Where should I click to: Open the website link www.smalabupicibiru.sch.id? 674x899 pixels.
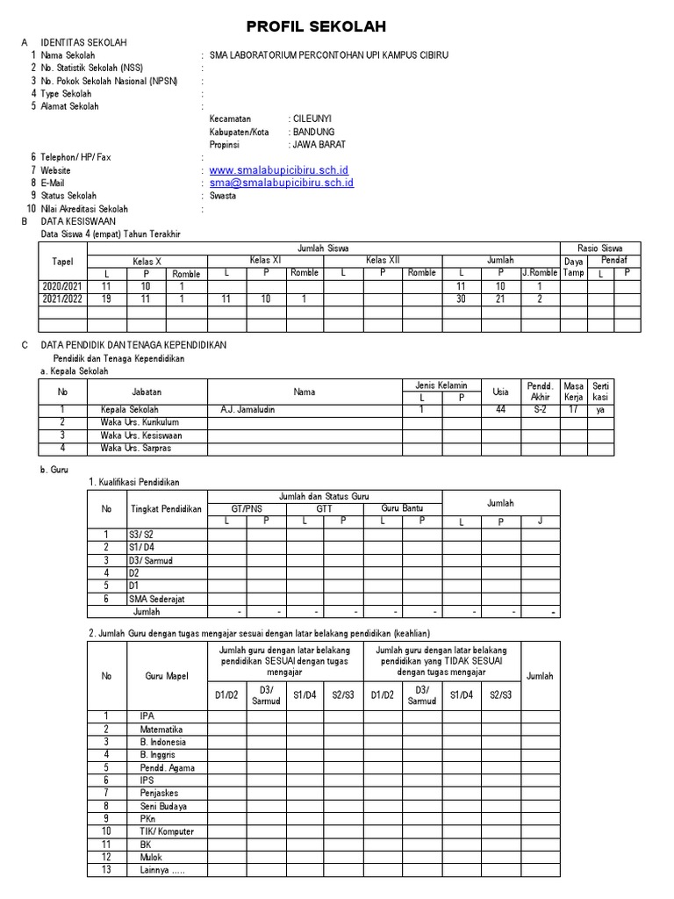point(279,169)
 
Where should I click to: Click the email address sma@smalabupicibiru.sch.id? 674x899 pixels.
point(281,183)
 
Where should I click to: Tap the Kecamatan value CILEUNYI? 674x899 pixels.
point(312,119)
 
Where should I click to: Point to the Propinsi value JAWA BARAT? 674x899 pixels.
point(319,144)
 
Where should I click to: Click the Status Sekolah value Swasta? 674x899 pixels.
point(222,196)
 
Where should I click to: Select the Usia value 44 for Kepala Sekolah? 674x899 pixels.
point(500,409)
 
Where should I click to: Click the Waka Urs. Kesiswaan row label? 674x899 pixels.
point(141,435)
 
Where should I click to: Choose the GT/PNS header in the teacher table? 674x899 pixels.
point(247,508)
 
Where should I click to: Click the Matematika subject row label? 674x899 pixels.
point(161,729)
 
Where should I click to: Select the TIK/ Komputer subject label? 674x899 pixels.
point(167,831)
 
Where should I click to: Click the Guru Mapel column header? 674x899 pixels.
point(167,676)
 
